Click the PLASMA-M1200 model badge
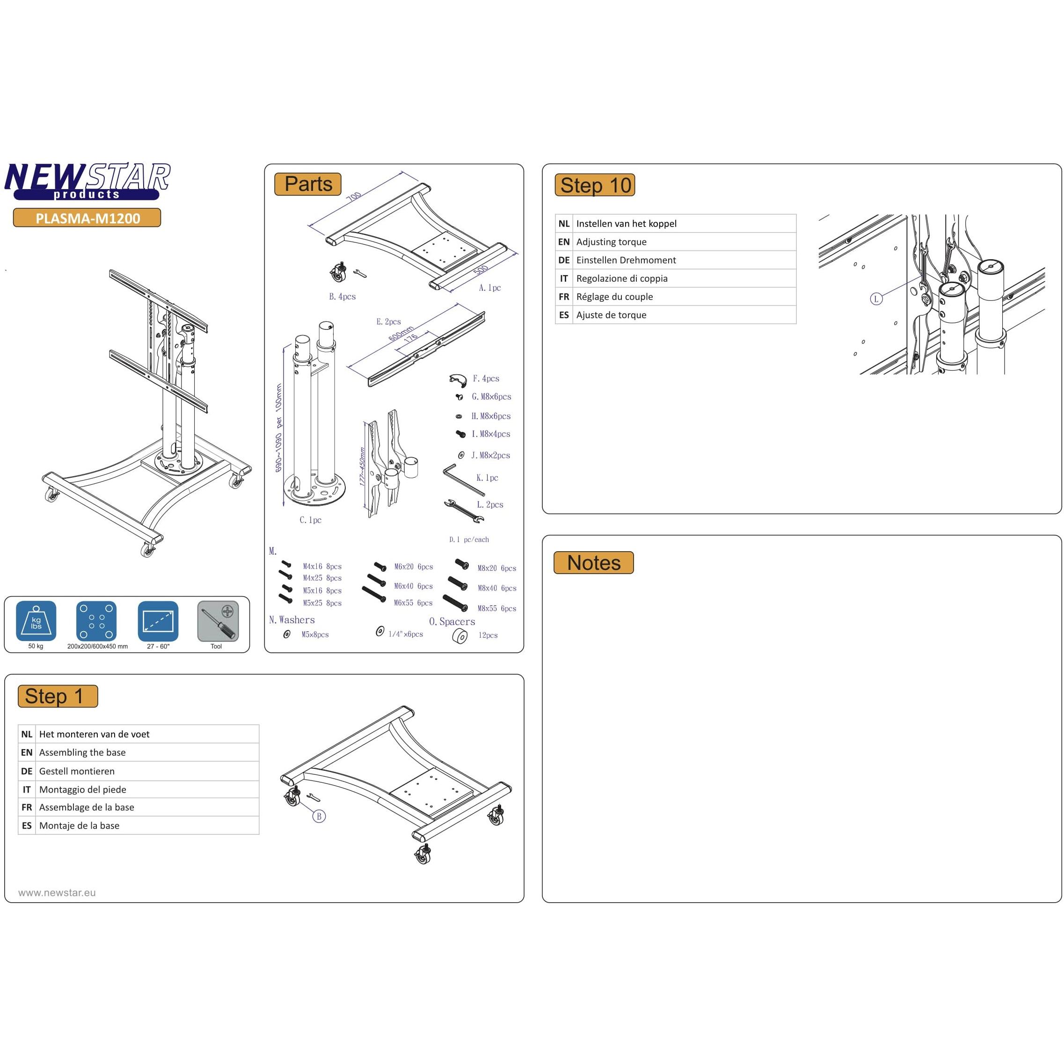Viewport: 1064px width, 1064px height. (x=87, y=218)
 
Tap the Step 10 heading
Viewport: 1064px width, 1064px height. (x=595, y=185)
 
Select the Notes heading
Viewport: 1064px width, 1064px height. (x=593, y=563)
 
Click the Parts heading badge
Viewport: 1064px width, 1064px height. (x=308, y=184)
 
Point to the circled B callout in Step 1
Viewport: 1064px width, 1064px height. (x=319, y=816)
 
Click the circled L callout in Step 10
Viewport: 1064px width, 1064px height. (x=875, y=299)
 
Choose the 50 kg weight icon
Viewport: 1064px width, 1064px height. (x=36, y=621)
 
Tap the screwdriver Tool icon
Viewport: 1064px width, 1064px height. (x=218, y=621)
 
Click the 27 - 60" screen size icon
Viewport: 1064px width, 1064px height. (x=158, y=621)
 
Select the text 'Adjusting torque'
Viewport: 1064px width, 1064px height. (x=611, y=242)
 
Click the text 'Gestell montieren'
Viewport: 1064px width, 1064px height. (x=77, y=771)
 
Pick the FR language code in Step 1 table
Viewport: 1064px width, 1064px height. (x=26, y=808)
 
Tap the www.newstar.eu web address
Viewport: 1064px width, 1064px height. (x=57, y=893)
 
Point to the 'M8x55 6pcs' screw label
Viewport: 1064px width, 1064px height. (x=496, y=609)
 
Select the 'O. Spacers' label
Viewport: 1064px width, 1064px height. (x=452, y=622)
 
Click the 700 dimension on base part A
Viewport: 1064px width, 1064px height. (x=354, y=197)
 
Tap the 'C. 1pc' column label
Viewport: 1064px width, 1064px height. (x=310, y=520)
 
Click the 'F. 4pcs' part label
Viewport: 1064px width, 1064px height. (x=486, y=379)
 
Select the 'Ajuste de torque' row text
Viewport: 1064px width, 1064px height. (x=611, y=315)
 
